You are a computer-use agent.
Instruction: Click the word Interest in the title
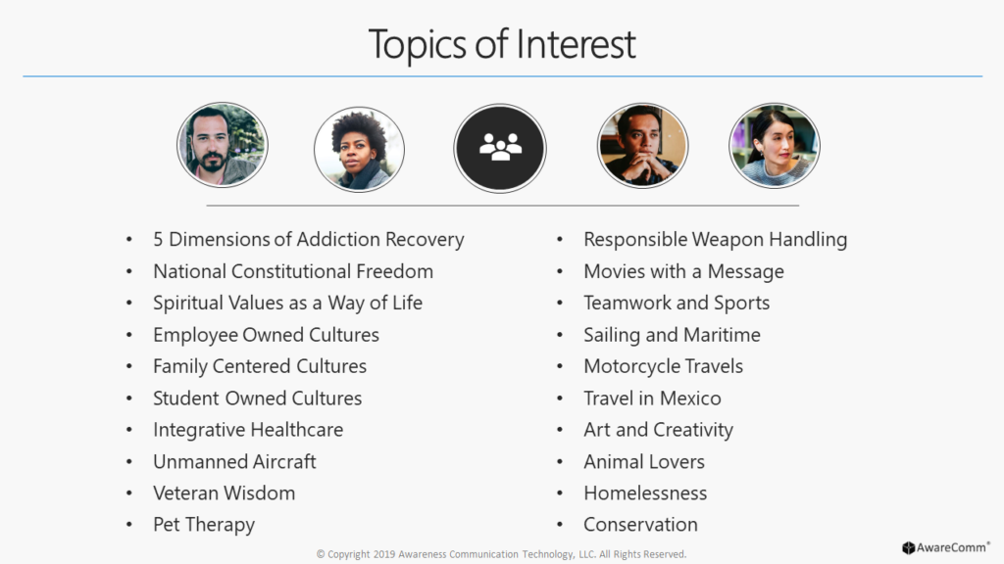tap(576, 44)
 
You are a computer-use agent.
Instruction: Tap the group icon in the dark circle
tap(500, 147)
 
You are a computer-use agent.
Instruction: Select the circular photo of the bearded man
tap(223, 145)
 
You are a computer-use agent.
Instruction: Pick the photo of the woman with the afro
tap(359, 149)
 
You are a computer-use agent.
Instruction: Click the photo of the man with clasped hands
tap(642, 145)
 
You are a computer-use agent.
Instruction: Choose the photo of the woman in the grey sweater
tap(775, 145)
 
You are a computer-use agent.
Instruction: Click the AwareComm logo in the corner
tap(946, 547)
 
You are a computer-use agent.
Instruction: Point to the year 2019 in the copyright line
tap(384, 554)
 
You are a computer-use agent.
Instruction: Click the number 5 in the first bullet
tap(158, 239)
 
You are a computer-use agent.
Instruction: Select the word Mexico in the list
tap(690, 399)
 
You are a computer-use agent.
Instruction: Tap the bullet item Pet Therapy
tap(204, 525)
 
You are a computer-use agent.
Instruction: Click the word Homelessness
tap(645, 493)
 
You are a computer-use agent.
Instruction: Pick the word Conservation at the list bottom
tap(640, 525)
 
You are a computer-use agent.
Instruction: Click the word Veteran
tap(185, 493)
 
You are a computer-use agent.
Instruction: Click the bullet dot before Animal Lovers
tap(560, 462)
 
